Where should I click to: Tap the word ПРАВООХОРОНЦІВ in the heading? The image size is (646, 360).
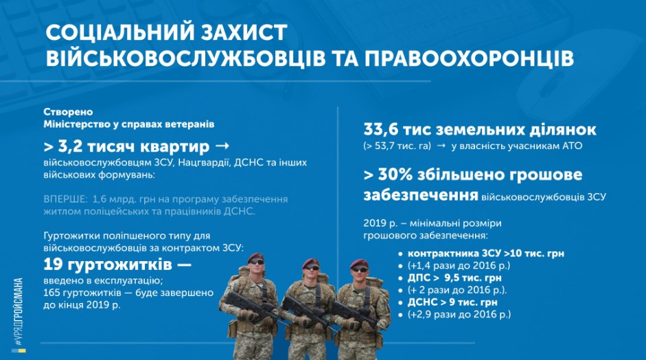[469, 58]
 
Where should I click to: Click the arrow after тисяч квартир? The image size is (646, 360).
[222, 146]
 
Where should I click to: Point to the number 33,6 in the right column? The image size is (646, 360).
[381, 130]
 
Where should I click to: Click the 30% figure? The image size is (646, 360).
[395, 175]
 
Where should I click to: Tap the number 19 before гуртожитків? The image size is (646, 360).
[53, 265]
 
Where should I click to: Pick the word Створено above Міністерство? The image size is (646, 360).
[69, 112]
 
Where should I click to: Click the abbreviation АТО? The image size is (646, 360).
[573, 146]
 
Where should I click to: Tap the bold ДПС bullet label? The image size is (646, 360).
[419, 278]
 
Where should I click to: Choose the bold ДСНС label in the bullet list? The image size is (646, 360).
[422, 302]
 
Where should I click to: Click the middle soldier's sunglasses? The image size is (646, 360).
[312, 268]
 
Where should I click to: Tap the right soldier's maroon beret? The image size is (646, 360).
[359, 263]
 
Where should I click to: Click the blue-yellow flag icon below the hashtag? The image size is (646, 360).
[19, 351]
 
